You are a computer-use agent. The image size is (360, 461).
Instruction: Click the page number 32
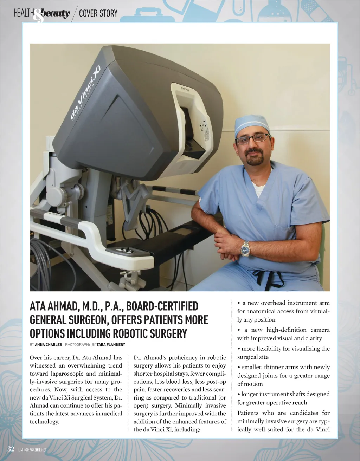pyautogui.click(x=11, y=449)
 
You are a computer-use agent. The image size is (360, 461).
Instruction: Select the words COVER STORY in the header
pyautogui.click(x=98, y=14)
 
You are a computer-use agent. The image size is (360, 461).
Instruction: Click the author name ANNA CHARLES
pyautogui.click(x=48, y=345)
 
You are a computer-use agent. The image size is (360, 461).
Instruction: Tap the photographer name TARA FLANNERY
pyautogui.click(x=111, y=345)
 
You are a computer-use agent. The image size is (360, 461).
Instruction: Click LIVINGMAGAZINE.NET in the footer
pyautogui.click(x=32, y=450)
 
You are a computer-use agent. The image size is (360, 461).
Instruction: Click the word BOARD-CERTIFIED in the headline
pyautogui.click(x=162, y=306)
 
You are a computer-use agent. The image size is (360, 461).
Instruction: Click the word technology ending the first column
pyautogui.click(x=44, y=422)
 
